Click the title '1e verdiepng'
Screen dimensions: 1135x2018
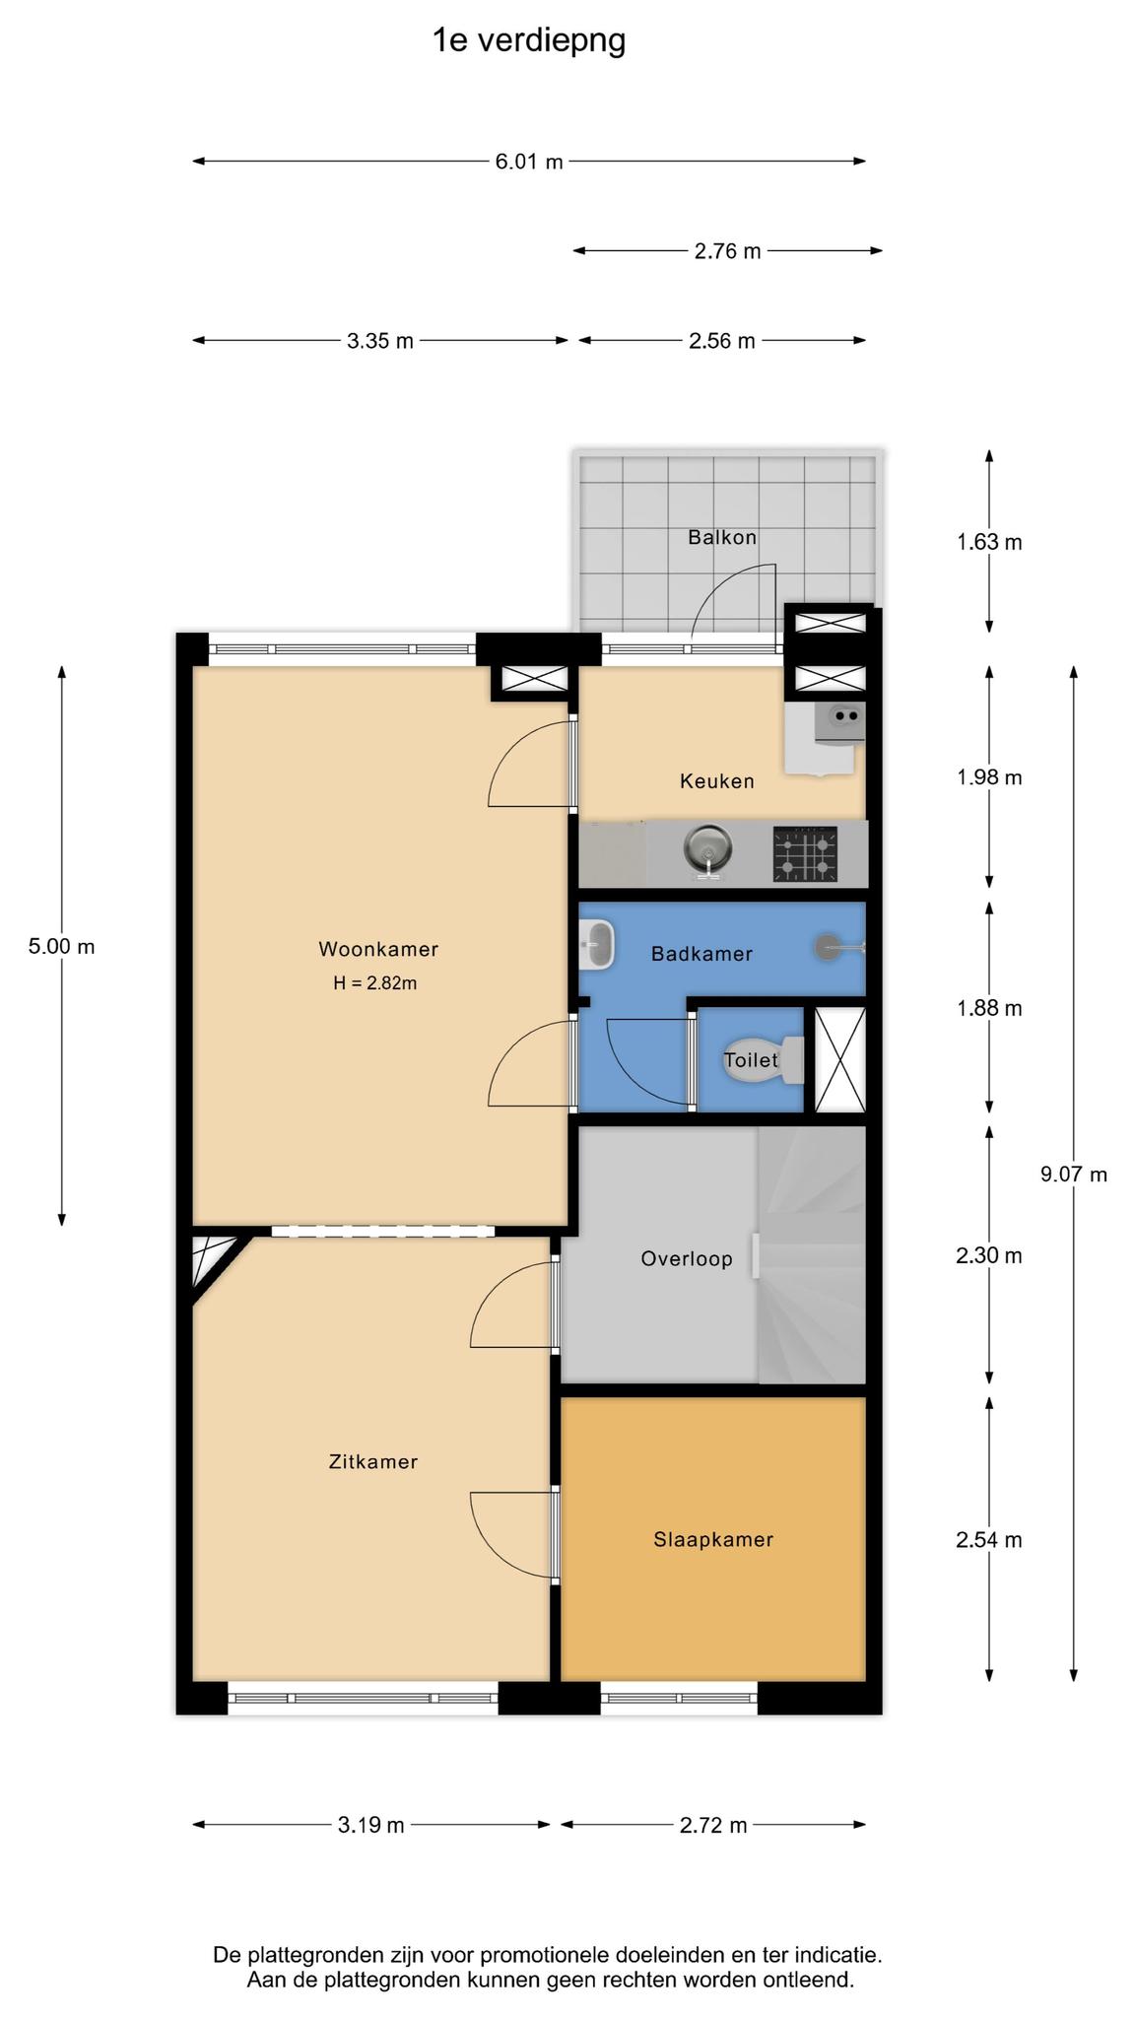(x=529, y=41)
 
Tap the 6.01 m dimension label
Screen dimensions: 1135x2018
(x=529, y=162)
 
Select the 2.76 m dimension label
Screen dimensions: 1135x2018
(x=727, y=251)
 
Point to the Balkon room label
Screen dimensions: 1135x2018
(x=722, y=537)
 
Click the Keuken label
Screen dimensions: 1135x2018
(x=717, y=781)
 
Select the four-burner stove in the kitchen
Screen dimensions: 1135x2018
(x=805, y=854)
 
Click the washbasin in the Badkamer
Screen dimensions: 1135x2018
(x=596, y=944)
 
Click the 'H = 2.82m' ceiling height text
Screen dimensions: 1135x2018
(x=374, y=983)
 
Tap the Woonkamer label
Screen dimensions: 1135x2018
(x=378, y=950)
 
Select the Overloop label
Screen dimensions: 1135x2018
(x=687, y=1259)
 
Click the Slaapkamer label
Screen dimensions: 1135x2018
(x=713, y=1540)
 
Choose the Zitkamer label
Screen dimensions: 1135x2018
(x=373, y=1462)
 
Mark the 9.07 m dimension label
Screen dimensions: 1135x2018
(x=1074, y=1175)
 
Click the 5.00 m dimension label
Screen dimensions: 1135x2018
(x=61, y=947)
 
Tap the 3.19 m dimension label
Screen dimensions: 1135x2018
(x=370, y=1825)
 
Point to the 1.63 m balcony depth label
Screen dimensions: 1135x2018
(x=989, y=542)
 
